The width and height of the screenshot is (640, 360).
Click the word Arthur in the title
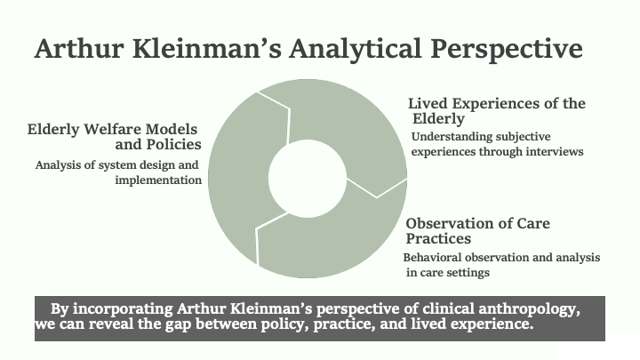79,48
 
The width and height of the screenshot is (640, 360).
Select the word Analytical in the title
355,49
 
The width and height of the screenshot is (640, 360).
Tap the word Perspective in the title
507,50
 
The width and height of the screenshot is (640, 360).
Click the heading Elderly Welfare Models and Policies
115,136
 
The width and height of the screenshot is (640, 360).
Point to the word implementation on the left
158,180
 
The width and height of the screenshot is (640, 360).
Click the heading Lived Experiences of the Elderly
497,110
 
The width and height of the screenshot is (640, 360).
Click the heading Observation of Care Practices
477,230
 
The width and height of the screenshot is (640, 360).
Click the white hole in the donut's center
308,179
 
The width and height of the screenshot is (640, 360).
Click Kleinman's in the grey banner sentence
270,308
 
